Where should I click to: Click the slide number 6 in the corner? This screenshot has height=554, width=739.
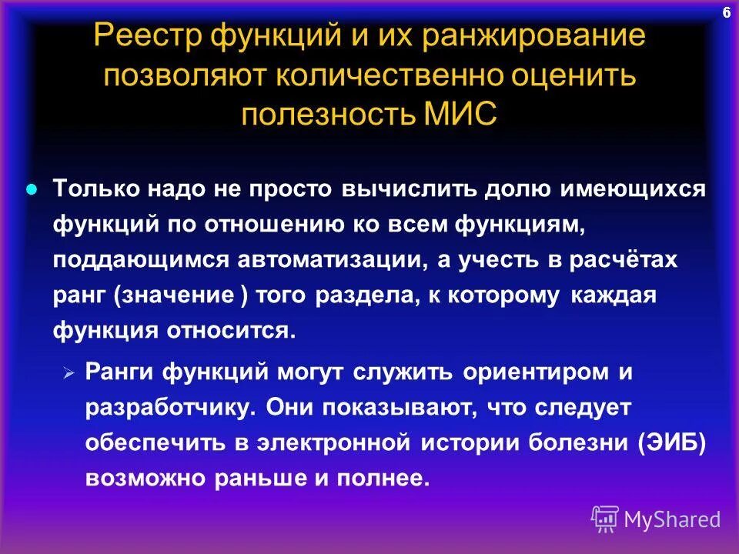(726, 12)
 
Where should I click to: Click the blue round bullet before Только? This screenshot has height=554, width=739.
(32, 190)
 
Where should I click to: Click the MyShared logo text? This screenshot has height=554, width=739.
(672, 519)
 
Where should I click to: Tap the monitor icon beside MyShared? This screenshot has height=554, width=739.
(605, 519)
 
